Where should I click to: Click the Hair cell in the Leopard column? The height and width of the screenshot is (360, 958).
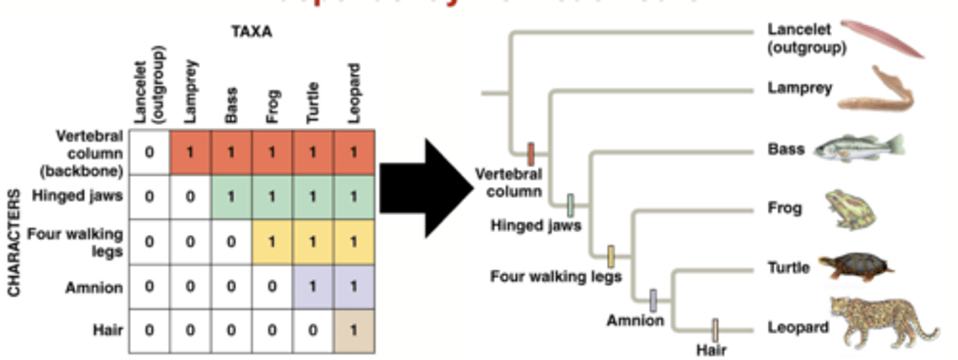pos(353,331)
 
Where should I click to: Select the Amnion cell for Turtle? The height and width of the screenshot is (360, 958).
pos(313,287)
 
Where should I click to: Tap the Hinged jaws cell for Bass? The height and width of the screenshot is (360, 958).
pos(232,197)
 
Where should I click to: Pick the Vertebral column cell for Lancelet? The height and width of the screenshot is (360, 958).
pos(149,152)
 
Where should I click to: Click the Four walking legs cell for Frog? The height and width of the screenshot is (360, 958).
pos(272,242)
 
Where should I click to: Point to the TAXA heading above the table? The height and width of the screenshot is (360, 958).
pos(251,31)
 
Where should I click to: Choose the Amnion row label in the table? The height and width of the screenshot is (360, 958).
pos(94,288)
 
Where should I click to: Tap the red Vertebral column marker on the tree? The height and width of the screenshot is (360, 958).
pos(531,154)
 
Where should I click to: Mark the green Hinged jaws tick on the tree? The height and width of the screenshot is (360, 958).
pos(570,206)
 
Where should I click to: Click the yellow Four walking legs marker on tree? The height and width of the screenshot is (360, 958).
pos(611,256)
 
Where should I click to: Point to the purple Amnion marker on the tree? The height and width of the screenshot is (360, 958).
pos(653,301)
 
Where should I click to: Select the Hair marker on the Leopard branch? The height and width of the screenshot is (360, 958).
pos(715,330)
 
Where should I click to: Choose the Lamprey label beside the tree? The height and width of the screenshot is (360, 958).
pos(800,88)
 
